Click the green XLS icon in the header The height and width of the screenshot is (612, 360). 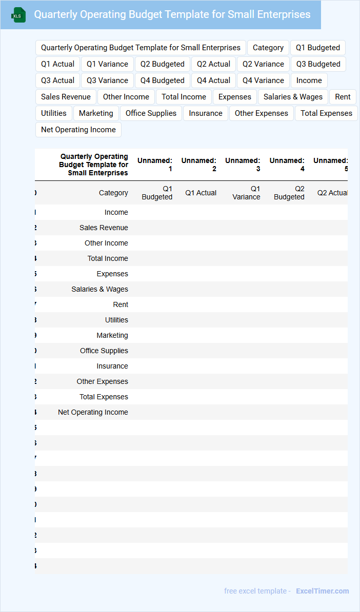click(x=18, y=15)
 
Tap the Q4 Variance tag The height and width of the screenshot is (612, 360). click(x=263, y=80)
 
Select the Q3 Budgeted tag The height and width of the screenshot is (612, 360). click(x=318, y=64)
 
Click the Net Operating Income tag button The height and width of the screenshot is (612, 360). click(x=78, y=130)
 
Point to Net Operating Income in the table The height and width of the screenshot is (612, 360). click(x=93, y=412)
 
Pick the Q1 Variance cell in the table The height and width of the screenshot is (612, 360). click(x=246, y=193)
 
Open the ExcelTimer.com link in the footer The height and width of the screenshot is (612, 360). click(x=322, y=591)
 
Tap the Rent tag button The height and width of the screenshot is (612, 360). click(x=343, y=97)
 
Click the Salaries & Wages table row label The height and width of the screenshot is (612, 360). click(x=99, y=289)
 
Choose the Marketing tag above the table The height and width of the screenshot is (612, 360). click(x=96, y=113)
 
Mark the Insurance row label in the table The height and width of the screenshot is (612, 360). click(x=112, y=366)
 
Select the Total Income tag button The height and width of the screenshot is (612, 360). click(x=184, y=97)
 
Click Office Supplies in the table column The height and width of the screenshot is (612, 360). click(x=104, y=351)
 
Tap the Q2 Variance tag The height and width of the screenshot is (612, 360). click(x=263, y=64)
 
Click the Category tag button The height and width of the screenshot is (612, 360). click(x=268, y=48)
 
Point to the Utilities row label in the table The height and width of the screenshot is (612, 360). click(x=116, y=320)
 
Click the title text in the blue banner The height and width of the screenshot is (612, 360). click(x=172, y=14)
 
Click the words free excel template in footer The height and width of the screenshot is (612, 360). click(x=255, y=591)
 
